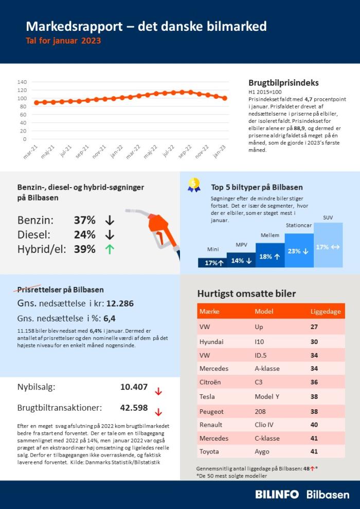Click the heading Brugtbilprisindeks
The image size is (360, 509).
tap(283, 82)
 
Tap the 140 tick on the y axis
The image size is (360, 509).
tap(22, 82)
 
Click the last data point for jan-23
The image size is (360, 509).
tap(225, 98)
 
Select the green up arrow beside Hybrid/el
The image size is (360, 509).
tap(109, 249)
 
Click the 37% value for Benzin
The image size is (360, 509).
tap(84, 220)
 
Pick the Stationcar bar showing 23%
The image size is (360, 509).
tap(298, 250)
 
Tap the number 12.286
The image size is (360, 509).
tap(120, 303)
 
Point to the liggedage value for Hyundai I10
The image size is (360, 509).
tap(314, 341)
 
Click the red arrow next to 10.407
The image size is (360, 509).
tap(158, 391)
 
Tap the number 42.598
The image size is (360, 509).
tap(134, 408)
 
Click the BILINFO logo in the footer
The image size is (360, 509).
tap(277, 494)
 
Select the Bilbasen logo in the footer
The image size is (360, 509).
tap(328, 494)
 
